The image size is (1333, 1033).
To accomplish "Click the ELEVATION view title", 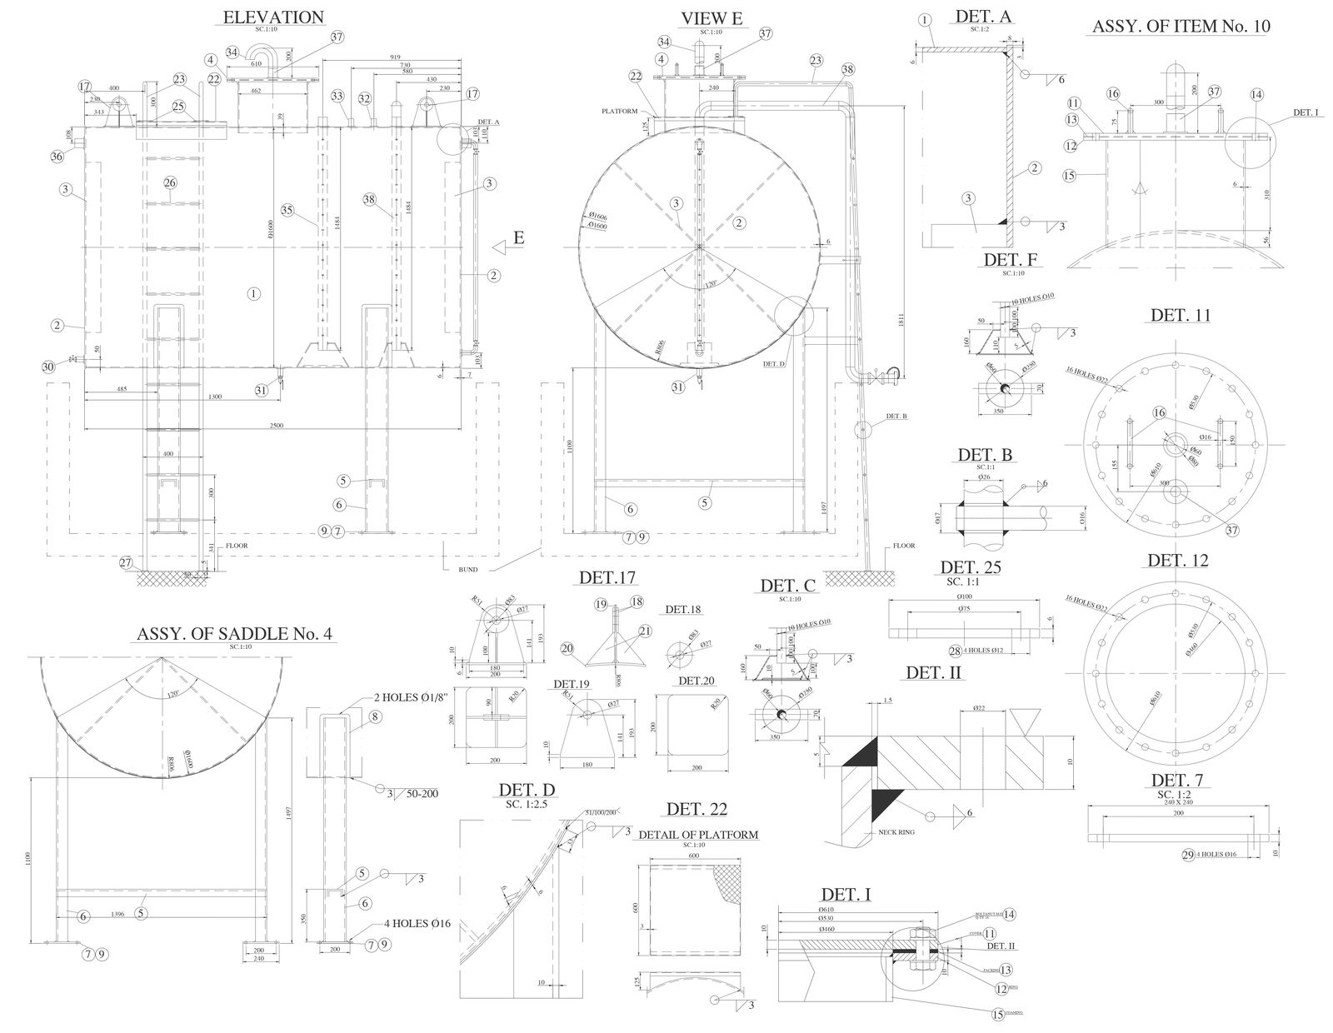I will coord(273,17).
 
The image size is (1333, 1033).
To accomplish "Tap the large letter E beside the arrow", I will coord(518,238).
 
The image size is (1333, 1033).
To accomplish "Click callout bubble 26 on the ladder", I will coord(170,182).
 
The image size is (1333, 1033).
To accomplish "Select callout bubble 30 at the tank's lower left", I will coord(47,367).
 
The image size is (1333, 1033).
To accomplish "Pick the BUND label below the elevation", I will coord(467,570).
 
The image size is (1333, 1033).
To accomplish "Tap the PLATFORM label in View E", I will coord(620,111).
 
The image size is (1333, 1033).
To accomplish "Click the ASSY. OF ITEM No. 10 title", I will coord(1181,26).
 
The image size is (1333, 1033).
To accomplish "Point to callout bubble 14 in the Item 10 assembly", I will coord(1256,94).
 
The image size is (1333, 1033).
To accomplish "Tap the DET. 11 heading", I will coord(1180,315).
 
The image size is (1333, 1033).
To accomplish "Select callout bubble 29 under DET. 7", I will coord(1189,854).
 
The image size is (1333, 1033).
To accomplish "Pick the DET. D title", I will coord(527,790).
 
